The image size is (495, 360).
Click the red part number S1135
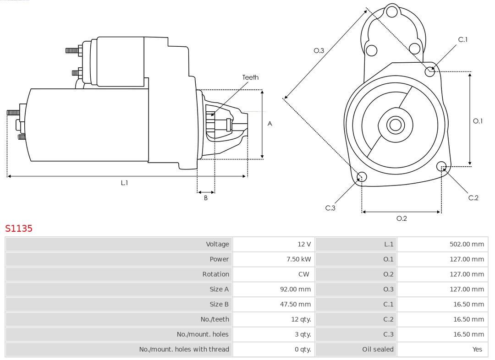click(19, 228)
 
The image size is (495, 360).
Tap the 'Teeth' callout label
click(250, 77)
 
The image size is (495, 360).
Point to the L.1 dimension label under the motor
click(124, 183)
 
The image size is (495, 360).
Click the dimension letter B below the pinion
click(206, 198)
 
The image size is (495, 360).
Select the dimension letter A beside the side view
click(270, 124)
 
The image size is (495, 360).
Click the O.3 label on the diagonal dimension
click(319, 50)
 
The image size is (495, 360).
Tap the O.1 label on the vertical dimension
click(478, 121)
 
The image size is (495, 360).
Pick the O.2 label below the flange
click(401, 218)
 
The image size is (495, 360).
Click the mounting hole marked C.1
click(430, 71)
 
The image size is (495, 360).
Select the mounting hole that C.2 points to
click(441, 166)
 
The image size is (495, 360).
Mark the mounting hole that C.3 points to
click(362, 177)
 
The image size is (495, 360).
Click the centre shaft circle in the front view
click(394, 125)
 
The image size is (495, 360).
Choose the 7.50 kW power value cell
click(298, 259)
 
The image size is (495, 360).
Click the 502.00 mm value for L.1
click(467, 244)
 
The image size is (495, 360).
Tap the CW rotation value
click(304, 274)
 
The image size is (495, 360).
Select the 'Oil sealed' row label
click(378, 349)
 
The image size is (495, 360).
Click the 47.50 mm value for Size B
click(295, 304)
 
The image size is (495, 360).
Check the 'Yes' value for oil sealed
click(477, 349)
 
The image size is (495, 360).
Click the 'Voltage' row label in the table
click(217, 244)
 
